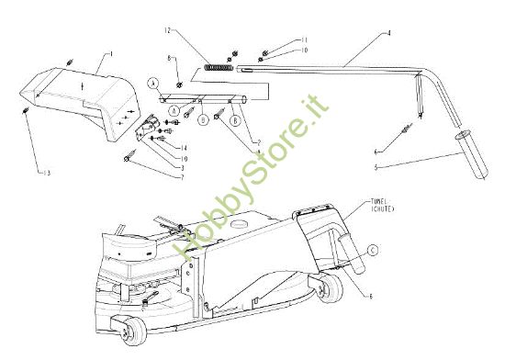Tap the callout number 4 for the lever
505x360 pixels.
[x=389, y=33]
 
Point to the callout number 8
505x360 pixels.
[x=170, y=59]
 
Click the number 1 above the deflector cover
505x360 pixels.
[x=111, y=54]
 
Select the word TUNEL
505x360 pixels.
[x=380, y=198]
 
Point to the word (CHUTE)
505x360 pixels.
[x=380, y=207]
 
